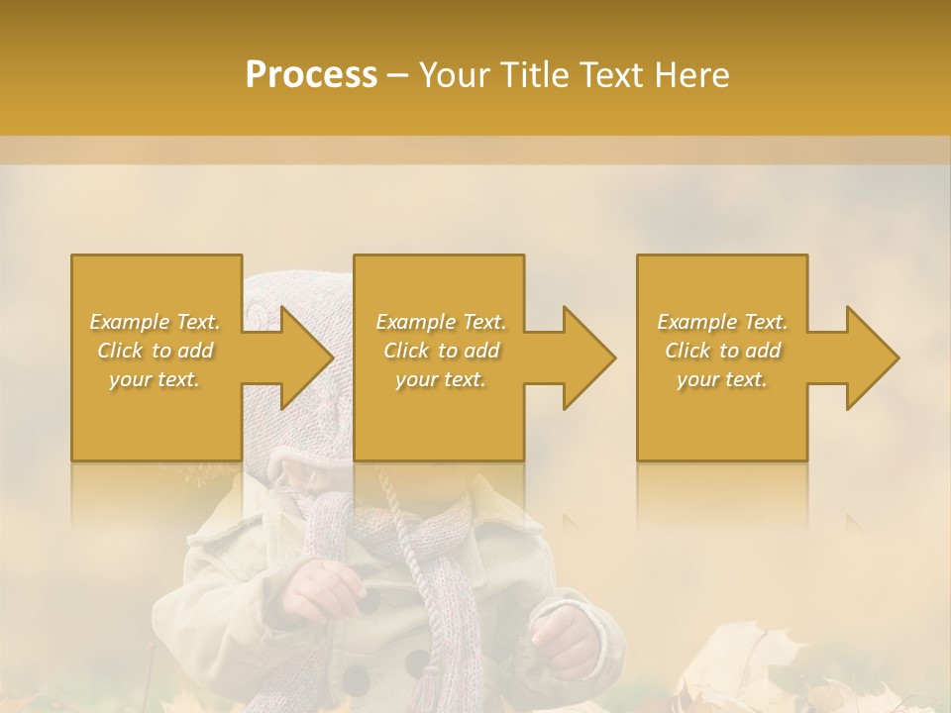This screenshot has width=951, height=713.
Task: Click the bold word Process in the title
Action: click(x=311, y=75)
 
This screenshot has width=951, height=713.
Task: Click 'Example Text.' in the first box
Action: click(x=156, y=322)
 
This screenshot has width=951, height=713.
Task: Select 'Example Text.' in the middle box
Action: click(x=441, y=322)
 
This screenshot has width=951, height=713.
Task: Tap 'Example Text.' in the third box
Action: click(x=722, y=322)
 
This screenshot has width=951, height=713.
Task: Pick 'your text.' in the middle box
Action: click(x=441, y=379)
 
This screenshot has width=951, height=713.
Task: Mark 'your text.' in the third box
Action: click(x=722, y=379)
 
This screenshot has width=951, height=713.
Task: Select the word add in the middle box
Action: click(x=481, y=351)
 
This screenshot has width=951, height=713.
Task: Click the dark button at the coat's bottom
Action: click(x=355, y=681)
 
